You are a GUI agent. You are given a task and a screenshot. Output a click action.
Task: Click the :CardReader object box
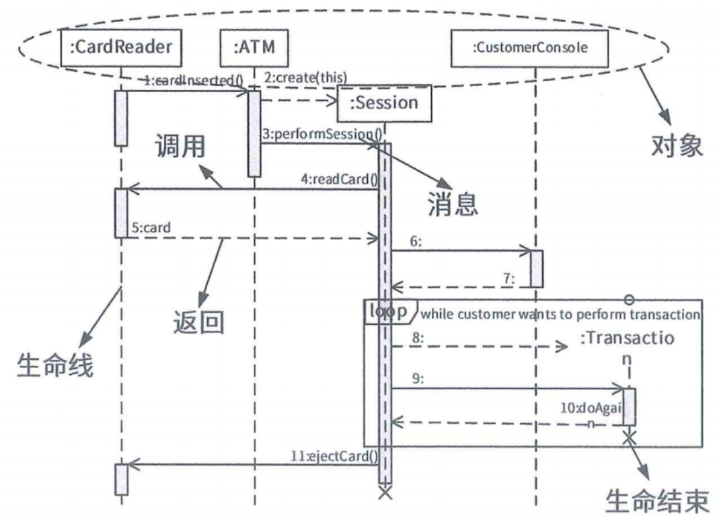(x=121, y=47)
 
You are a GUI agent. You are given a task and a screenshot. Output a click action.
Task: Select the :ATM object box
(x=254, y=47)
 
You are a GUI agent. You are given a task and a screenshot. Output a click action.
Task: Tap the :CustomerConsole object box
(x=530, y=48)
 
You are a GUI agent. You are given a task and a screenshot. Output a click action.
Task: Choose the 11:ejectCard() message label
(x=339, y=455)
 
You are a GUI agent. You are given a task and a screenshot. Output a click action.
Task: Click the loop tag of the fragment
(x=388, y=311)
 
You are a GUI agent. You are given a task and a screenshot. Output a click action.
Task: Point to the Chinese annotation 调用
(x=180, y=145)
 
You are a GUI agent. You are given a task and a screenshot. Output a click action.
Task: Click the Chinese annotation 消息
(x=453, y=204)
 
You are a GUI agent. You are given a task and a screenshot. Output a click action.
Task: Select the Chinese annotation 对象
(x=676, y=145)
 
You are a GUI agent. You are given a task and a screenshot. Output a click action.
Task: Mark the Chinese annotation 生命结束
(x=657, y=501)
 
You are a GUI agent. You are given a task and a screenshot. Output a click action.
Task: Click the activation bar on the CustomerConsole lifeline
(x=536, y=268)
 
